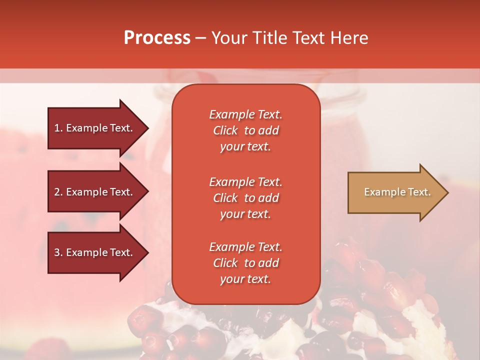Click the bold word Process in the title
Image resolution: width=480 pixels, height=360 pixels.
click(157, 38)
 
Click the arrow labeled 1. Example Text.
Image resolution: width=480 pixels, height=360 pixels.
click(95, 128)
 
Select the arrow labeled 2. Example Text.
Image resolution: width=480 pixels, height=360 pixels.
click(95, 192)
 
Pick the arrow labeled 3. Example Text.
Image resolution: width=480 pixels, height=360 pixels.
click(95, 252)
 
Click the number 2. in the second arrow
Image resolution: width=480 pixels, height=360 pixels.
click(58, 192)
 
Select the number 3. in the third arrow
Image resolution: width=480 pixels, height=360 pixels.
click(58, 252)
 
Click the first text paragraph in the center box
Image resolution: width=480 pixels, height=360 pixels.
click(245, 130)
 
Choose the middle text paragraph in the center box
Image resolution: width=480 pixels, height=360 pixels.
click(245, 198)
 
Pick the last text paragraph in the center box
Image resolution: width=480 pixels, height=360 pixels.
click(245, 263)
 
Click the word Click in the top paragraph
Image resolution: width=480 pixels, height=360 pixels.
click(225, 130)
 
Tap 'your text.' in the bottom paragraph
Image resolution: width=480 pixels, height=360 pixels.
click(245, 279)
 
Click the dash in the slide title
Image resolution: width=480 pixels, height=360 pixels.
click(200, 38)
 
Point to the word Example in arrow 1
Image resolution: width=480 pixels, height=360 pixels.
click(86, 128)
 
